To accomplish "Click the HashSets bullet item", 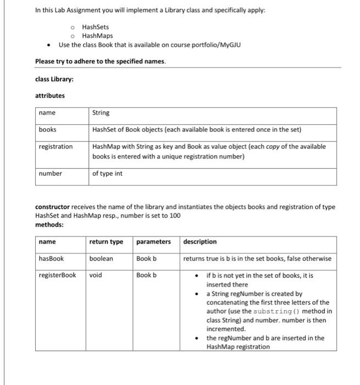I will pos(95,27).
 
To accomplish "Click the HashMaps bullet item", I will pos(97,36).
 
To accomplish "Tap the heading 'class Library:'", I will pos(54,79).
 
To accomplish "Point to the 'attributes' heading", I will pos(50,96).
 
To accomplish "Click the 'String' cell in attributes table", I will pos(101,113).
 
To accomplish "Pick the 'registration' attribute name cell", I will pos(56,147).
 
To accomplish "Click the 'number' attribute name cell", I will pos(50,174).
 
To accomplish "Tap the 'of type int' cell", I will pos(108,174).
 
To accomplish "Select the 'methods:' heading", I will pos(49,224).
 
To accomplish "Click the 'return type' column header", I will pos(106,241).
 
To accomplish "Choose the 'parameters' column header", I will pos(153,241).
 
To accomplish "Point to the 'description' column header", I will pos(200,241).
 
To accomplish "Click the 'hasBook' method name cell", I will pos(51,258).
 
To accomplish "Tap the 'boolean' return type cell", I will pos(101,258).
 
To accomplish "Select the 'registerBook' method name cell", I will pos(58,275).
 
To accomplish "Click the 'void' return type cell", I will pos(96,275).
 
